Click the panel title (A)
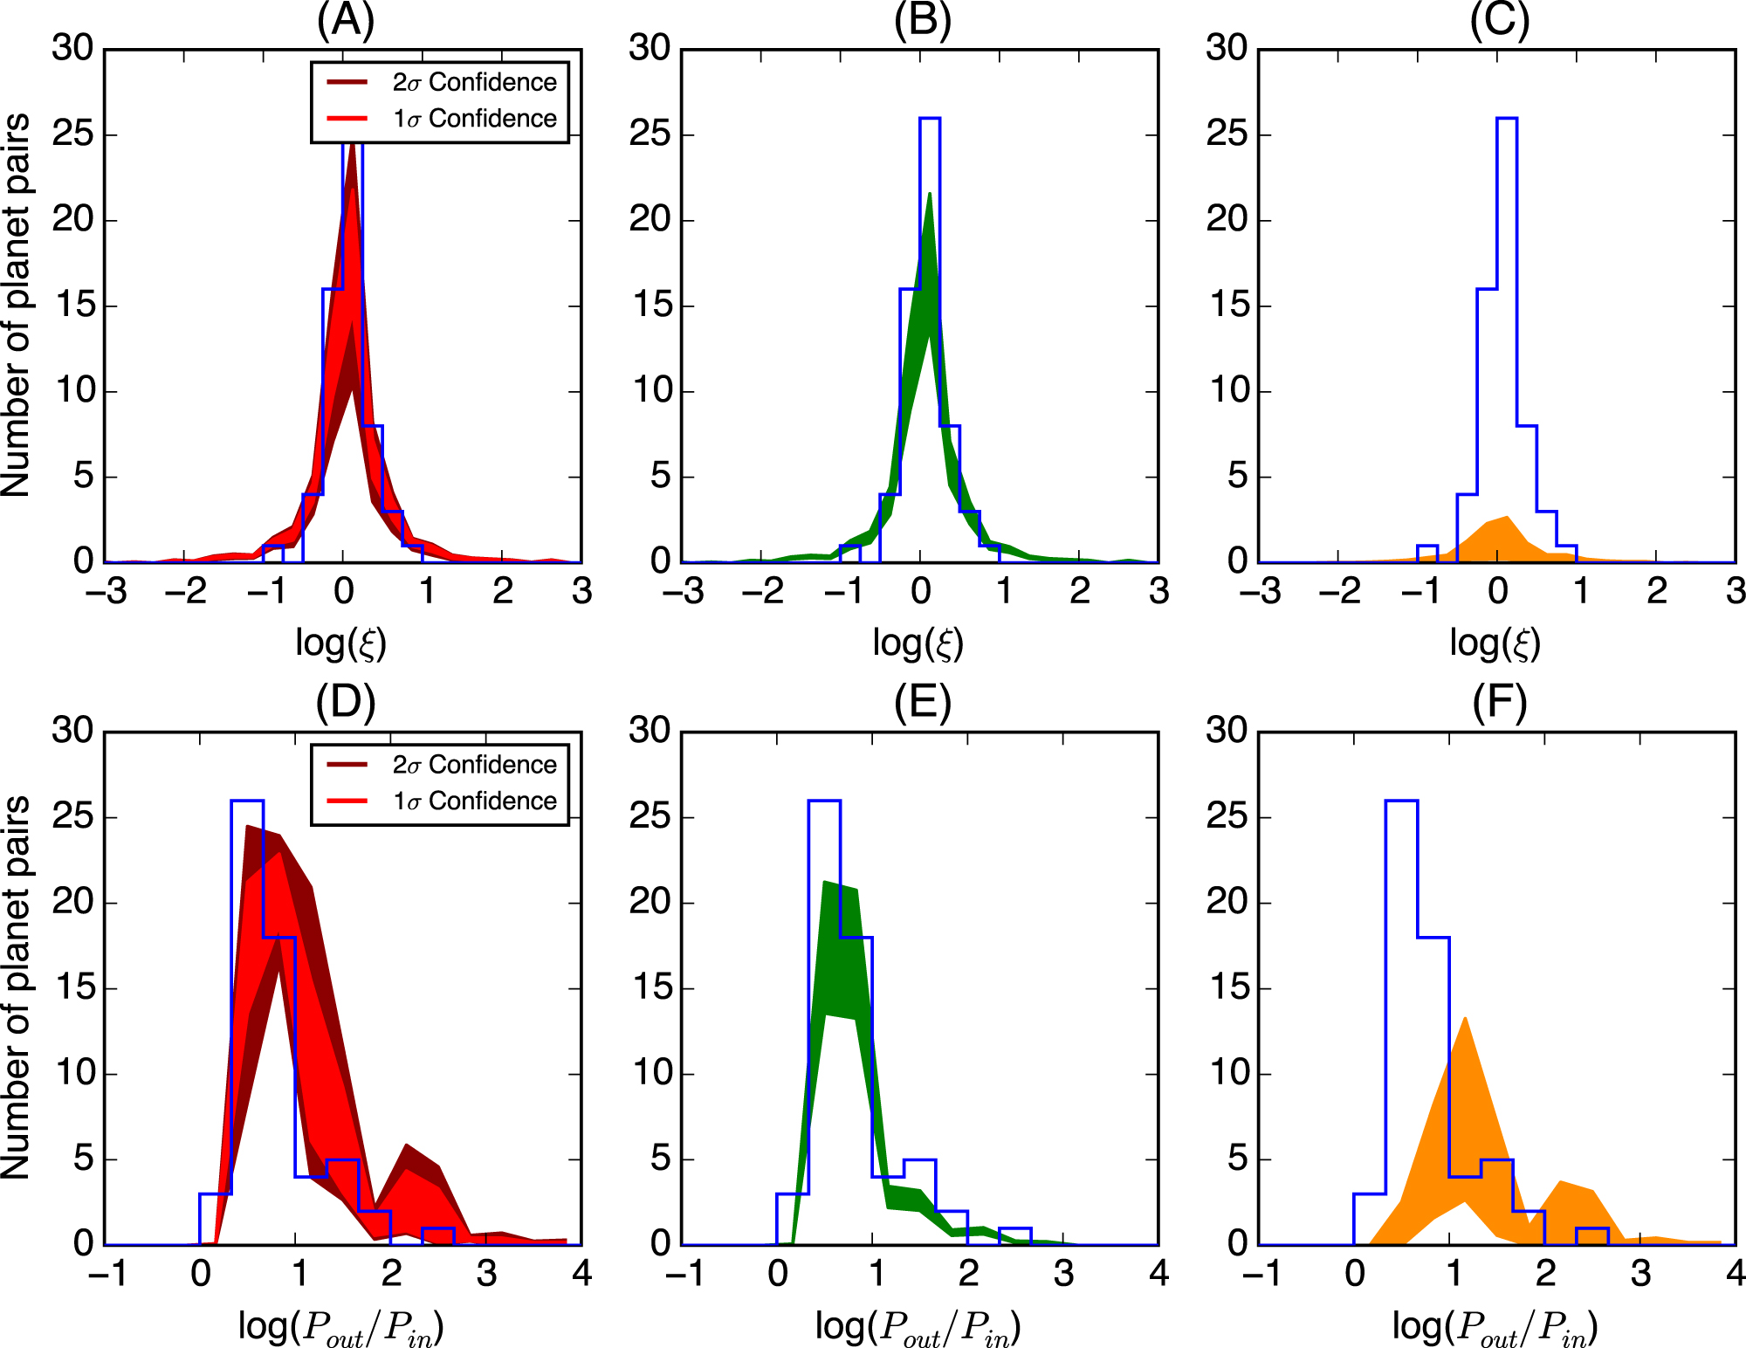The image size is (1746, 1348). click(346, 21)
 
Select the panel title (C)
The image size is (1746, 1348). click(1499, 21)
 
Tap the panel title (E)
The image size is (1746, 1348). click(922, 703)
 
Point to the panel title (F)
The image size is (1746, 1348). click(1499, 703)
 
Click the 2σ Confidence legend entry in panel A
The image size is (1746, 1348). click(474, 82)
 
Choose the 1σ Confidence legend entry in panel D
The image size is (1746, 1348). click(474, 801)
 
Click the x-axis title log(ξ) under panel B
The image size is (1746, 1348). click(918, 643)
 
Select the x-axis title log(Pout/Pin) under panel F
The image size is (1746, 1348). click(1495, 1328)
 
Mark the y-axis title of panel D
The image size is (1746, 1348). click(17, 987)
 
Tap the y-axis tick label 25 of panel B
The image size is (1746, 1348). click(650, 134)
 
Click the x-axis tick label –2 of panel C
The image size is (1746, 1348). click(1339, 592)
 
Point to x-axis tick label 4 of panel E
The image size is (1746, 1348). click(1158, 1274)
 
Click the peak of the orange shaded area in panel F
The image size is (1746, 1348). click(1464, 1018)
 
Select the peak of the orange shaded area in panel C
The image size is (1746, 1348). click(1507, 517)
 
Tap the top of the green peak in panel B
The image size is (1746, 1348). click(930, 194)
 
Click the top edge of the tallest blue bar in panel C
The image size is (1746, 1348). click(1507, 118)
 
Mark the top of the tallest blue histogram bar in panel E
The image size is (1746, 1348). click(824, 801)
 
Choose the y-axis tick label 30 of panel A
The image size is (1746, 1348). click(72, 48)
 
